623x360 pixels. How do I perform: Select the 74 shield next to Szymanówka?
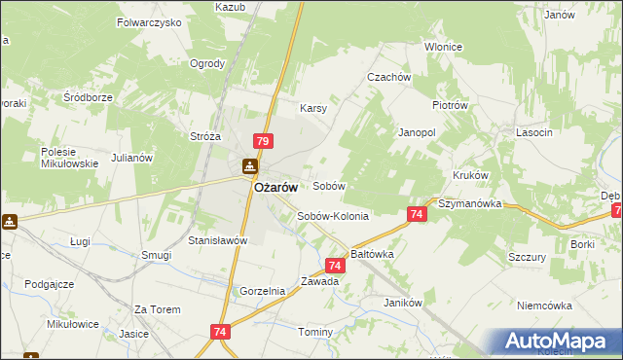click(x=416, y=214)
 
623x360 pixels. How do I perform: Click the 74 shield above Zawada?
click(x=335, y=264)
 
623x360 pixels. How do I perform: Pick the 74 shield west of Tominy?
click(x=217, y=333)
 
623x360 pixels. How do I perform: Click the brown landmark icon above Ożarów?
click(x=250, y=167)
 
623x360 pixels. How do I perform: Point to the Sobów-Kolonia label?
click(x=333, y=217)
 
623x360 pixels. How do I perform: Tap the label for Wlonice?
click(x=443, y=47)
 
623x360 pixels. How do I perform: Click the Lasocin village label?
click(x=535, y=131)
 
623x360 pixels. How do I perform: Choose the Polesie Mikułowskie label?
click(x=69, y=158)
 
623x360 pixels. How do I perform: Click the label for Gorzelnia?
click(x=263, y=291)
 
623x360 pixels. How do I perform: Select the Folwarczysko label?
click(x=149, y=20)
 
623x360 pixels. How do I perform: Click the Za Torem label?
click(x=158, y=309)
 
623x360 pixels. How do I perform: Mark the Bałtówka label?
click(x=371, y=253)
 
